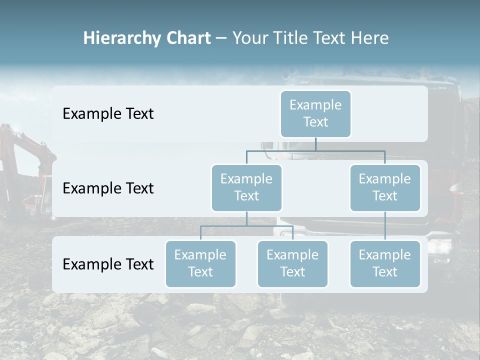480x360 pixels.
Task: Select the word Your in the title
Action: pyautogui.click(x=249, y=38)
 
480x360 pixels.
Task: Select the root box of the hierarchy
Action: pyautogui.click(x=315, y=113)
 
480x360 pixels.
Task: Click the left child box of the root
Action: pyautogui.click(x=246, y=187)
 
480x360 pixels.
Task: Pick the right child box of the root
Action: pyautogui.click(x=385, y=187)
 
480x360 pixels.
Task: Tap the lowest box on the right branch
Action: pyautogui.click(x=385, y=263)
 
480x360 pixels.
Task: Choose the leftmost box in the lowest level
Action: pyautogui.click(x=200, y=263)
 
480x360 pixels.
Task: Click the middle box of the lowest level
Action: pyautogui.click(x=292, y=263)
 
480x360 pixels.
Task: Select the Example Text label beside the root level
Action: pyautogui.click(x=108, y=113)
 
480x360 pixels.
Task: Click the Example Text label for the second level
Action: pyautogui.click(x=108, y=188)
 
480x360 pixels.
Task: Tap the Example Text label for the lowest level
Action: pyautogui.click(x=108, y=264)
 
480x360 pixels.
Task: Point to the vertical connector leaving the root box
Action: pyautogui.click(x=315, y=144)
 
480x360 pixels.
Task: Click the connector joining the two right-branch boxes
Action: pyautogui.click(x=385, y=226)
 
